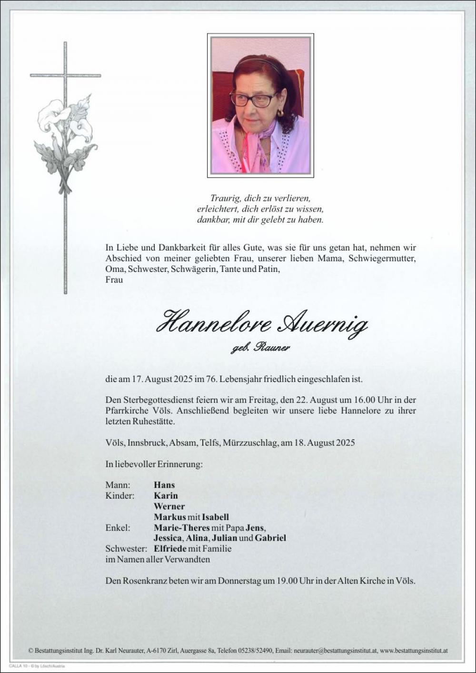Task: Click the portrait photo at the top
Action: [x=260, y=105]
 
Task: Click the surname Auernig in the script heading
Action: [x=323, y=325]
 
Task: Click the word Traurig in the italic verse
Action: [x=225, y=198]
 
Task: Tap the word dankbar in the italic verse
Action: [x=211, y=220]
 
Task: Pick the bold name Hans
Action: [x=164, y=485]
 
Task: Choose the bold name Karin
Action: [x=166, y=495]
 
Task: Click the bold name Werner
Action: [x=169, y=506]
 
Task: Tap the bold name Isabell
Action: [x=215, y=517]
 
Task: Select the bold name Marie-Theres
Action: [x=181, y=528]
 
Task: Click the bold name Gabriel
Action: [x=270, y=538]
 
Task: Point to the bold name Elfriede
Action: [x=170, y=549]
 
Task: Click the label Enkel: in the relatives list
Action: [x=118, y=528]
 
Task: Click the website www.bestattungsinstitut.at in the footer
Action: [x=414, y=650]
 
